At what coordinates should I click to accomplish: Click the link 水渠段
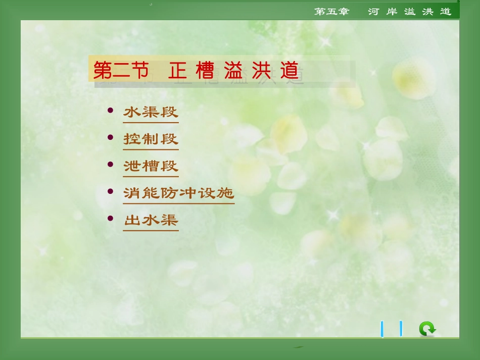[151, 112]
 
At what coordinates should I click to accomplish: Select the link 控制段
[151, 139]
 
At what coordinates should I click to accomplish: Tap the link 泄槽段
[151, 166]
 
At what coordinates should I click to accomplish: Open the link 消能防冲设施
[178, 193]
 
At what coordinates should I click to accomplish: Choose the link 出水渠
[151, 220]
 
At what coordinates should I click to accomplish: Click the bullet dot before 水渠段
[111, 110]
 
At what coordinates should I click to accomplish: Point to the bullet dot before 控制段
[111, 137]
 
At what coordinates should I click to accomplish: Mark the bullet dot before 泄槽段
[111, 164]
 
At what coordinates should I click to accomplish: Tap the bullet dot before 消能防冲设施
[111, 191]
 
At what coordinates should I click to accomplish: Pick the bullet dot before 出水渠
[111, 218]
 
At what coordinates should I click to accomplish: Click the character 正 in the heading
[178, 71]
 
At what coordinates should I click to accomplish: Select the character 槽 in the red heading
[205, 71]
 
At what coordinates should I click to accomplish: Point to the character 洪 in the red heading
[261, 71]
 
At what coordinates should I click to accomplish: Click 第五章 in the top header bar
[331, 12]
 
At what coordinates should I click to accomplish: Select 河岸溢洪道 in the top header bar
[409, 12]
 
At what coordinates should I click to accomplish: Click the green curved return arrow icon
[427, 329]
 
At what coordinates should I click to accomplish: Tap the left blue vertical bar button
[382, 329]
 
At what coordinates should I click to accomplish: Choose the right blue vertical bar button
[401, 329]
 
